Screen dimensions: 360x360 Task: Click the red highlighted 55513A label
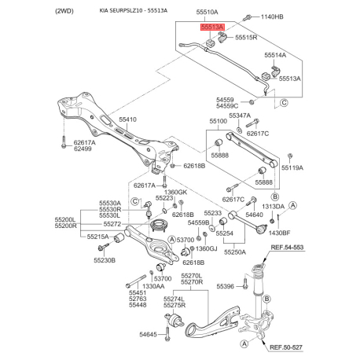tap(212, 27)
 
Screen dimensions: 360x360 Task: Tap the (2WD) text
tap(64, 11)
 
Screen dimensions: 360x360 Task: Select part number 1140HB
tap(272, 17)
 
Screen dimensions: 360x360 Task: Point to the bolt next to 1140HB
tap(247, 18)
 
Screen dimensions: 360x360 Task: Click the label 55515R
tap(246, 38)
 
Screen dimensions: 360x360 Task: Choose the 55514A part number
tap(275, 55)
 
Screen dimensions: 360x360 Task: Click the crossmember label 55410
tap(127, 119)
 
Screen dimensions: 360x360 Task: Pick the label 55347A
tap(240, 116)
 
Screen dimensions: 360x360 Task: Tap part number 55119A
tap(292, 167)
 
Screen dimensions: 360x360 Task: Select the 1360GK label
tap(175, 193)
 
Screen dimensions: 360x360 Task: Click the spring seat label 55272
tap(112, 224)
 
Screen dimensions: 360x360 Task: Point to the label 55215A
tap(97, 237)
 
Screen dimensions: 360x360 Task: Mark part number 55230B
tap(105, 260)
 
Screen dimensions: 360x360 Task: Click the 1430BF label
tap(279, 233)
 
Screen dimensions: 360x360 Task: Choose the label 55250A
tap(235, 252)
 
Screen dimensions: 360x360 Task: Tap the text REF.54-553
tap(287, 247)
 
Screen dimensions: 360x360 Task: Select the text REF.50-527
tap(286, 347)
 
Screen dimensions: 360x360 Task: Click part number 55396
tap(225, 287)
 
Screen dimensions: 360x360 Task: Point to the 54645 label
tap(148, 334)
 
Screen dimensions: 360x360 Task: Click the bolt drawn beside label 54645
tap(167, 333)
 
